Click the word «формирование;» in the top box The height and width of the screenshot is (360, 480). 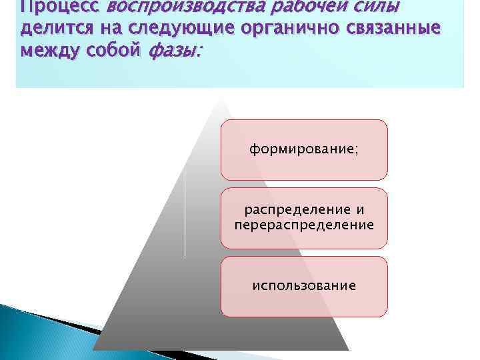[303, 149]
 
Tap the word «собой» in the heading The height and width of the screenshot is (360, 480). [115, 51]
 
